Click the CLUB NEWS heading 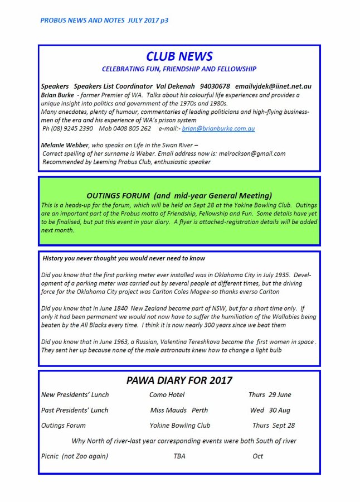pos(179,56)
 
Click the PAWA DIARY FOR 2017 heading pos(179,380)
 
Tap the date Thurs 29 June pos(270,395)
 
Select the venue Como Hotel pos(167,395)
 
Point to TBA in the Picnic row pos(179,456)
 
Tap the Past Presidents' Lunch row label pos(75,410)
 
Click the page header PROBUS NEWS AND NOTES pos(104,20)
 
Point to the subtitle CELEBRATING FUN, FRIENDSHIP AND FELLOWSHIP pos(179,69)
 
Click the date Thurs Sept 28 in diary pos(273,425)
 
